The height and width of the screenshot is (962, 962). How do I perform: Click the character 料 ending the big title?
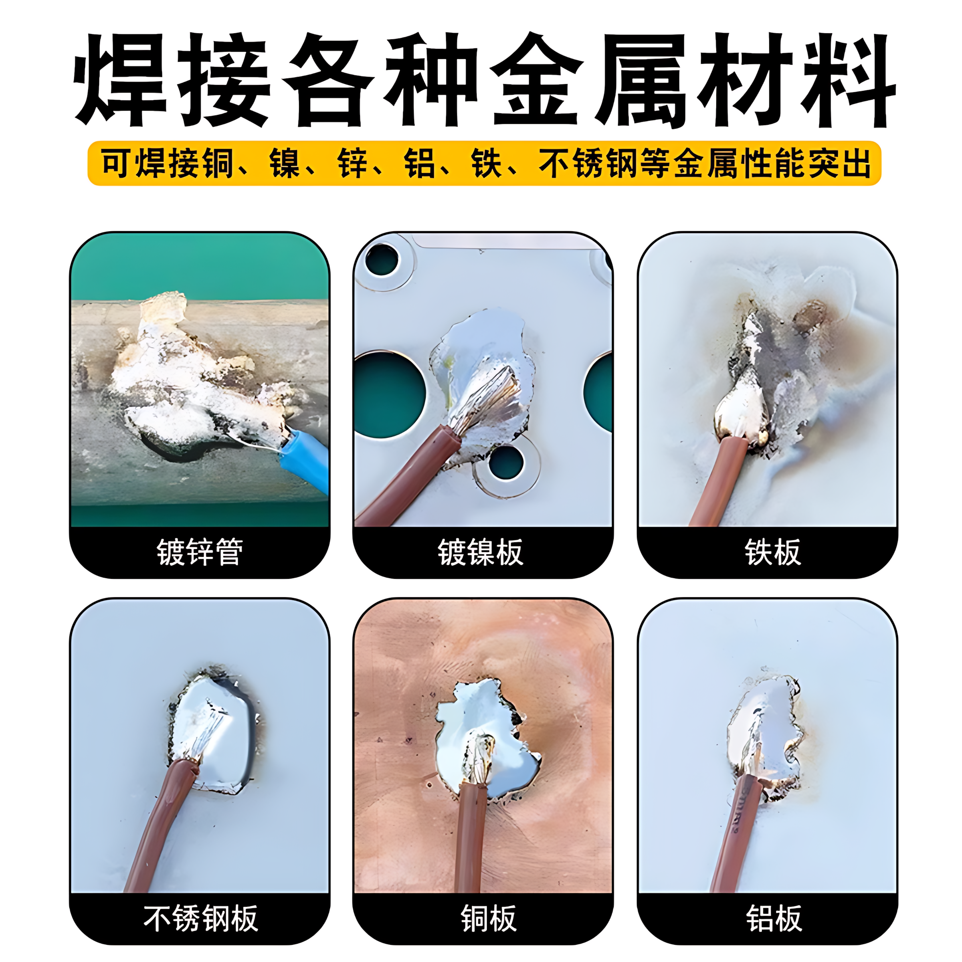pyautogui.click(x=847, y=80)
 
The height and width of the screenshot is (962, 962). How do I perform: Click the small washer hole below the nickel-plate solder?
pyautogui.click(x=506, y=462)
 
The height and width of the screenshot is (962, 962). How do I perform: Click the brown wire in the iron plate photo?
pyautogui.click(x=722, y=478)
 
